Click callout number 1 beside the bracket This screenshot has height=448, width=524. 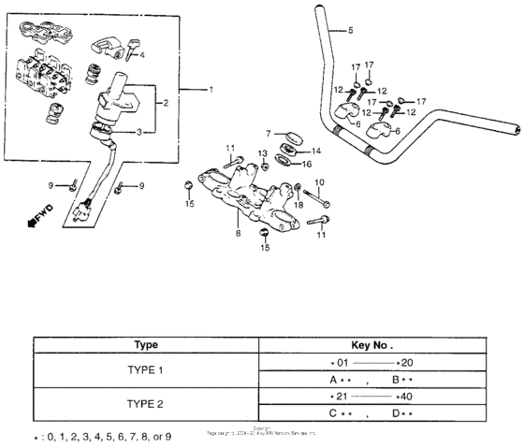click(x=211, y=89)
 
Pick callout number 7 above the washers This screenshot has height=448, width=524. click(x=268, y=134)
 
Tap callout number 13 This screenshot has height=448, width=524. click(x=263, y=152)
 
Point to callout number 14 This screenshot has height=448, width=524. click(x=315, y=150)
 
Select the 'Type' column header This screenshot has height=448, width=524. click(x=145, y=343)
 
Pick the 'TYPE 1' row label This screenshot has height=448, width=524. click(x=145, y=370)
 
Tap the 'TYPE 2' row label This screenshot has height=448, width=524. click(x=145, y=405)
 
